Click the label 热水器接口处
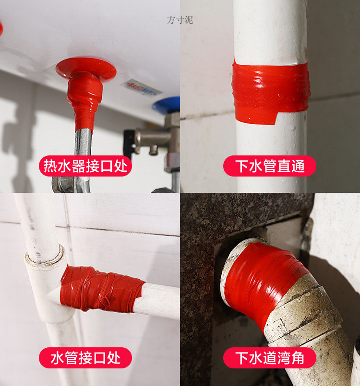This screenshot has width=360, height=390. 85,166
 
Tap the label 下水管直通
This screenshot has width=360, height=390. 269,166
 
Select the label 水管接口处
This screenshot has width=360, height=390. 85,357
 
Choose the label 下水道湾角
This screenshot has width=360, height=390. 269,357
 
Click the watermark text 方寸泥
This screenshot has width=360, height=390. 180,20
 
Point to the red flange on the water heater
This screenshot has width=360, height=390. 86,68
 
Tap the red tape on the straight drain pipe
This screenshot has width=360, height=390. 270,91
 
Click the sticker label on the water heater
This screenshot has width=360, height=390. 141,88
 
